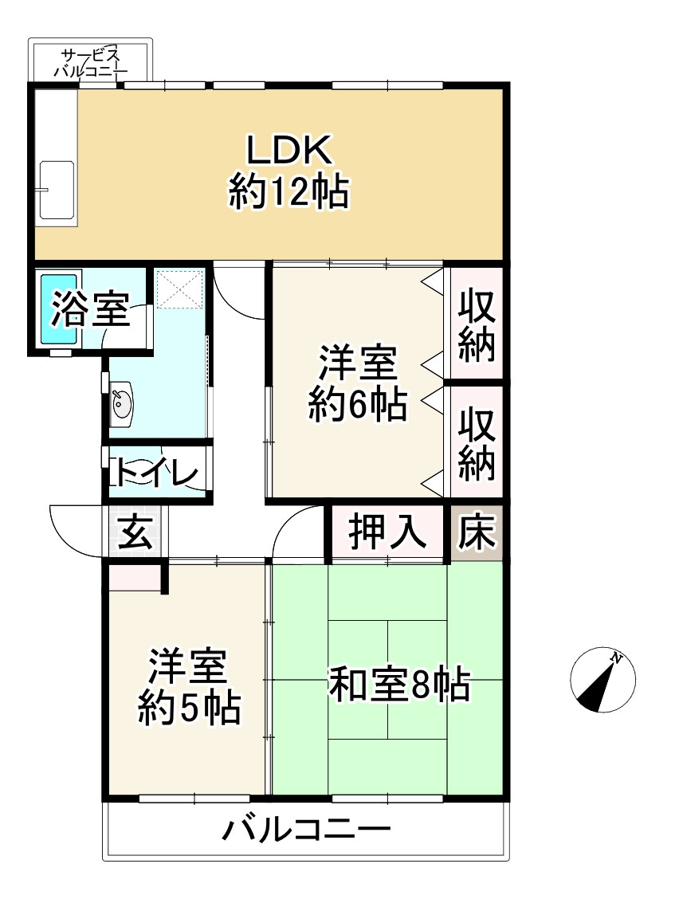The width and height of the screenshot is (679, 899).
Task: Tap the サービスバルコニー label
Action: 90,63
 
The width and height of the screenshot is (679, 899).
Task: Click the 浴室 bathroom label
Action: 90,310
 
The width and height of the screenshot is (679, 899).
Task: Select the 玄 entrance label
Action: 135,532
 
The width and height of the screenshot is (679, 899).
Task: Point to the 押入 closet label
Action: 387,532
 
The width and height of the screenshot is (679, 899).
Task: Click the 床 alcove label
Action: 476,532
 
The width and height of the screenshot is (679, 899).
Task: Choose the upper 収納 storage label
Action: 476,324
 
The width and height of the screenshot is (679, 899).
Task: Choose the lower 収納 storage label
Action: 476,443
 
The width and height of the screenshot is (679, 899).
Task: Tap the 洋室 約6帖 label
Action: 358,384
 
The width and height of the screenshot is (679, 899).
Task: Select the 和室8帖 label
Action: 399,683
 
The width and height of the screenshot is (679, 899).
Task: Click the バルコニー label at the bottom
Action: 307,831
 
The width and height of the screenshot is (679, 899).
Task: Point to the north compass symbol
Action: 603,680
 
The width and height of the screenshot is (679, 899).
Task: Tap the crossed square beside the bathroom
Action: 180,289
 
